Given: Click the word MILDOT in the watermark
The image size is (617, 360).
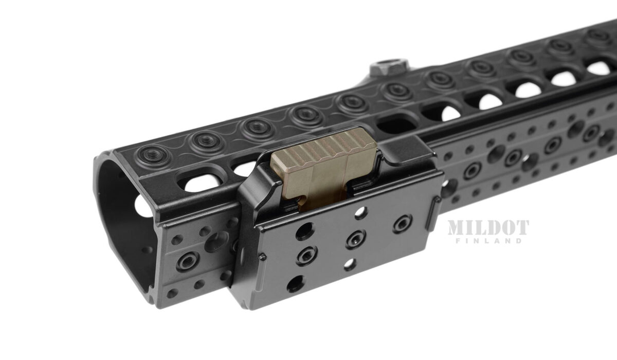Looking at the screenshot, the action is (x=488, y=227).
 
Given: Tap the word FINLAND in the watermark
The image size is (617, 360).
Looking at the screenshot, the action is (x=488, y=241).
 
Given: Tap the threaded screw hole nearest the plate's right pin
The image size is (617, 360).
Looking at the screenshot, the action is (x=403, y=224).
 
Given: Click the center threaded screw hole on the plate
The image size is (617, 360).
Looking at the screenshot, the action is (x=355, y=239).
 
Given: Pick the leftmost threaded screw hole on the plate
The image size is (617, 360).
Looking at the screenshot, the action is (x=306, y=256).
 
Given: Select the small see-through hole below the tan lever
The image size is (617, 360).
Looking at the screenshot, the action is (x=361, y=212).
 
